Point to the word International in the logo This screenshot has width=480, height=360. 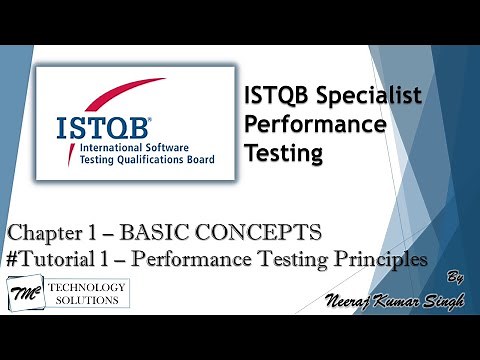point(92,156)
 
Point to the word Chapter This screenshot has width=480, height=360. point(49,233)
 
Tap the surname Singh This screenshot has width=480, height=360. point(438,304)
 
